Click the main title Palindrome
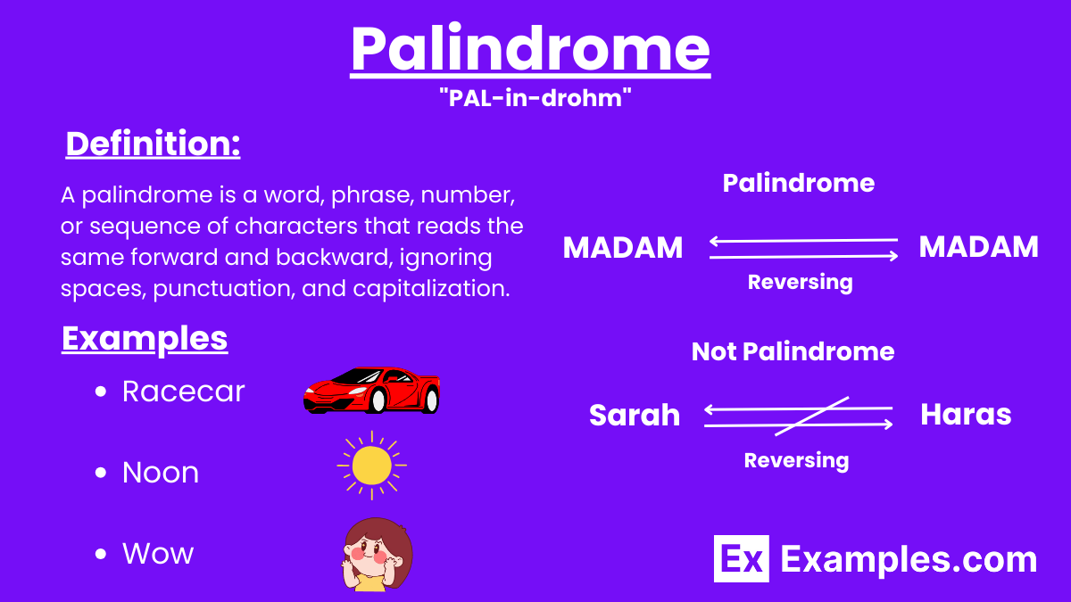530,49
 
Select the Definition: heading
153,144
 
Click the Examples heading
145,339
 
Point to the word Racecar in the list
183,392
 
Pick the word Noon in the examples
161,473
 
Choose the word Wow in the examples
158,554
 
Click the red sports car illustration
371,390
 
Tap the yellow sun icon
371,466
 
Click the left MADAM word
623,247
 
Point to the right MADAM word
978,247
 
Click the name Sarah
635,415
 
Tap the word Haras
966,415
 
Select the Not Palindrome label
793,351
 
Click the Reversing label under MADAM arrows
800,283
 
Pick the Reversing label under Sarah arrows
796,461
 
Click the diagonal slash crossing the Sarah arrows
811,416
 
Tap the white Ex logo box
741,558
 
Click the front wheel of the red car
378,400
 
